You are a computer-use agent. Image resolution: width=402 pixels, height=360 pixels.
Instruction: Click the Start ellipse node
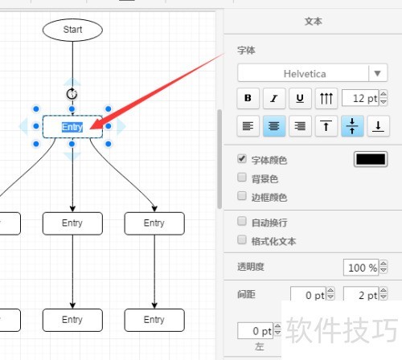72,30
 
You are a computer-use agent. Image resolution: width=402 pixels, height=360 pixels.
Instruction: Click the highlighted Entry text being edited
72,127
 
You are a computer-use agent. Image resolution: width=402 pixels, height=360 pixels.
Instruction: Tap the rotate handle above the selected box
72,94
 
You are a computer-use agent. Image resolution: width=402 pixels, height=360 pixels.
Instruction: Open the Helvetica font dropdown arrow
377,73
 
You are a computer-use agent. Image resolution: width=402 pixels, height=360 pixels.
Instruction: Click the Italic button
274,98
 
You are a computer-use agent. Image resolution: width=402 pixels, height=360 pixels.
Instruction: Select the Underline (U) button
300,98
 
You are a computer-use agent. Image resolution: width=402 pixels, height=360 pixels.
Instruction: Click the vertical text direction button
326,98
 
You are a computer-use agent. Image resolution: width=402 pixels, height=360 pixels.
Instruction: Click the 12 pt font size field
360,98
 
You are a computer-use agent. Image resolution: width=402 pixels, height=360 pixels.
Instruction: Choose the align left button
248,126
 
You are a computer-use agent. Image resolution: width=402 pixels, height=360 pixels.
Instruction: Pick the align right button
300,126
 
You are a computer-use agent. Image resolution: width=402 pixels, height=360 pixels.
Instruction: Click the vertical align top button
326,126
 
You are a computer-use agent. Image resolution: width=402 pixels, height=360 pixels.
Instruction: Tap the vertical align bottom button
378,126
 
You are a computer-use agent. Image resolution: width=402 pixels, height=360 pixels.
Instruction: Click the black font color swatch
371,159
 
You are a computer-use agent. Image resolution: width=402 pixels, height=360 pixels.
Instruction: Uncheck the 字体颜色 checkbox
242,158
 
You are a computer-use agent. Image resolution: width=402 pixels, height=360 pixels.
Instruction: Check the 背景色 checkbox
242,177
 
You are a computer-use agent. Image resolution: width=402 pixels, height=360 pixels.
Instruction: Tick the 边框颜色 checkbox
242,196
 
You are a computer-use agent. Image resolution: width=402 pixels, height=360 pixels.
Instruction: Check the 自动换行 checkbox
242,221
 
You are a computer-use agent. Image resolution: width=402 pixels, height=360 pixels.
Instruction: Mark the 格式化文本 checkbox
242,239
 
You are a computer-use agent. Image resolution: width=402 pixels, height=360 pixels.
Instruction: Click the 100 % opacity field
361,268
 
